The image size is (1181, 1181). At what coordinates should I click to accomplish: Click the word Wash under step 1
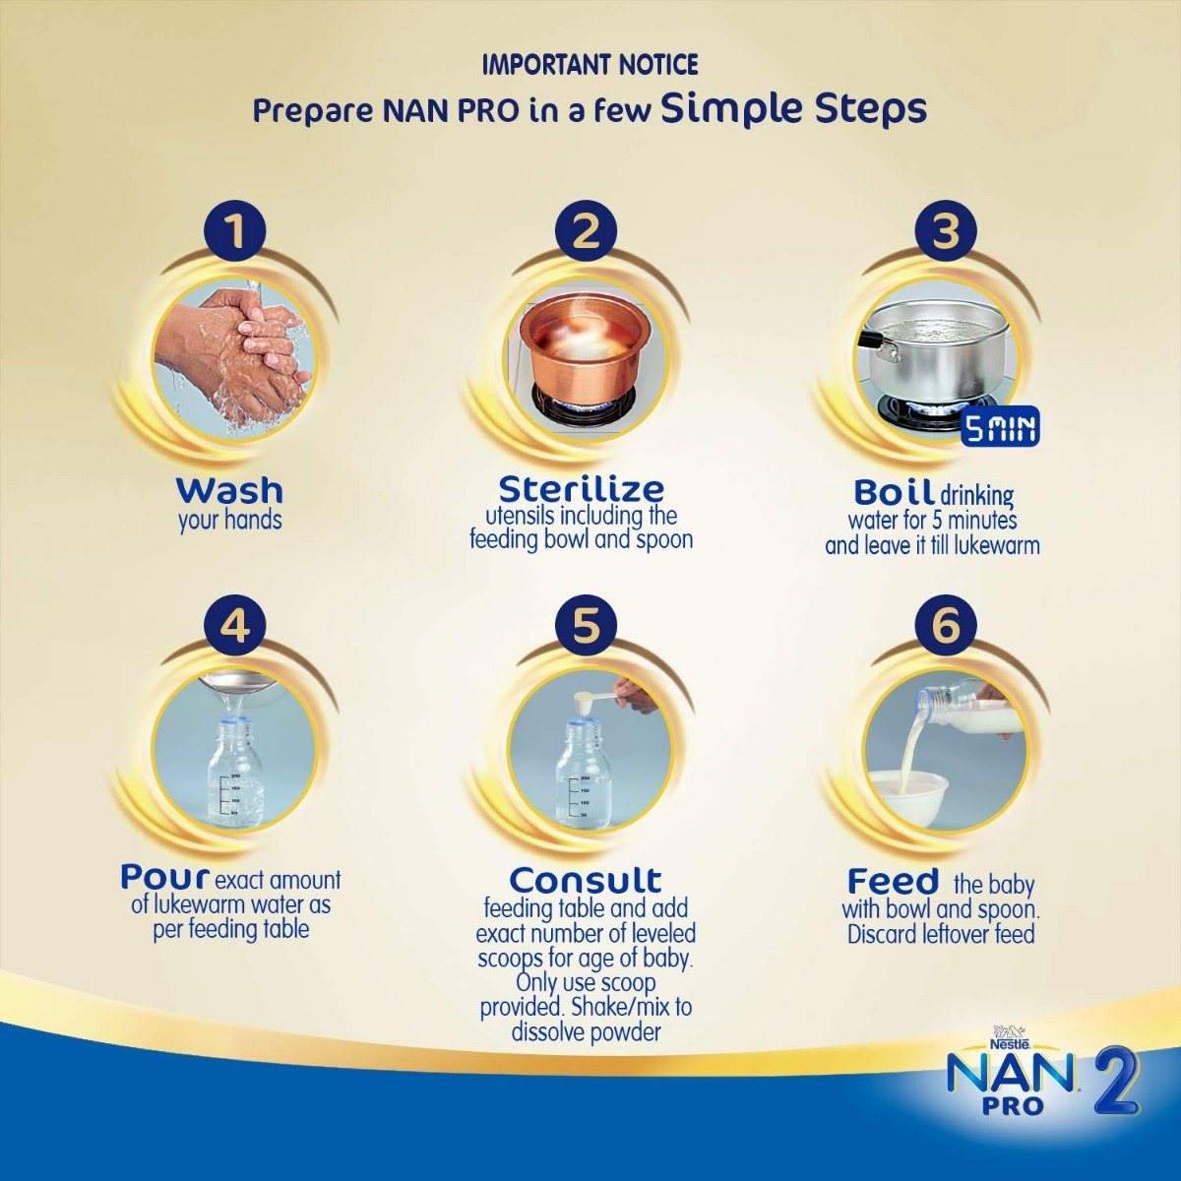click(x=229, y=489)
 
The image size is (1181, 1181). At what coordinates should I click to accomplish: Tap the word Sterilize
click(x=581, y=488)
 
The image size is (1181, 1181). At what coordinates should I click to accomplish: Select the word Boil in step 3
click(x=893, y=491)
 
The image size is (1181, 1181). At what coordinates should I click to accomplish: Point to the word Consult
click(x=586, y=879)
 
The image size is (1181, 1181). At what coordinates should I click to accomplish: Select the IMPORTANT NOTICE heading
click(x=590, y=65)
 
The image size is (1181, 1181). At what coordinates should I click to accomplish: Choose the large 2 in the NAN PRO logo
click(x=1113, y=1083)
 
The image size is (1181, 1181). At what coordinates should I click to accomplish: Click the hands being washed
click(x=236, y=349)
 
